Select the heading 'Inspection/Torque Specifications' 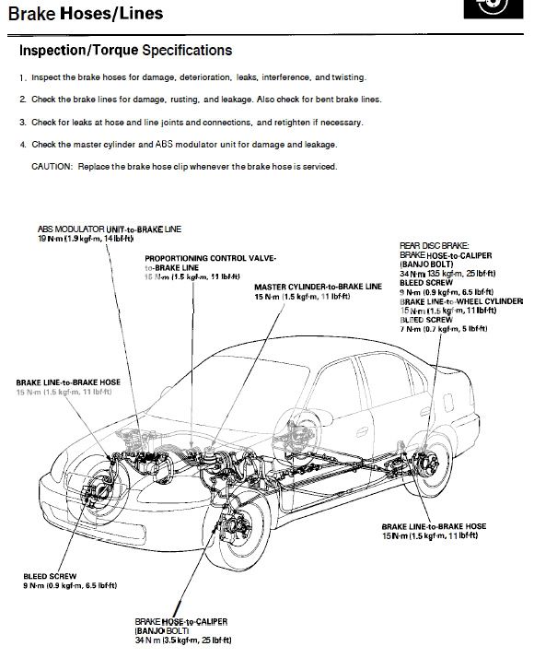coord(125,50)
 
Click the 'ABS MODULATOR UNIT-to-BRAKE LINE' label coord(110,228)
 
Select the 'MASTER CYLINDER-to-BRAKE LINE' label coord(318,287)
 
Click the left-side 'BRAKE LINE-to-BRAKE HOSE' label coord(68,382)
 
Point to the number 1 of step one coord(21,77)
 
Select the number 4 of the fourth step coord(21,145)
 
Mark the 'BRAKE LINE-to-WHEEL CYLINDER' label coord(460,301)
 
